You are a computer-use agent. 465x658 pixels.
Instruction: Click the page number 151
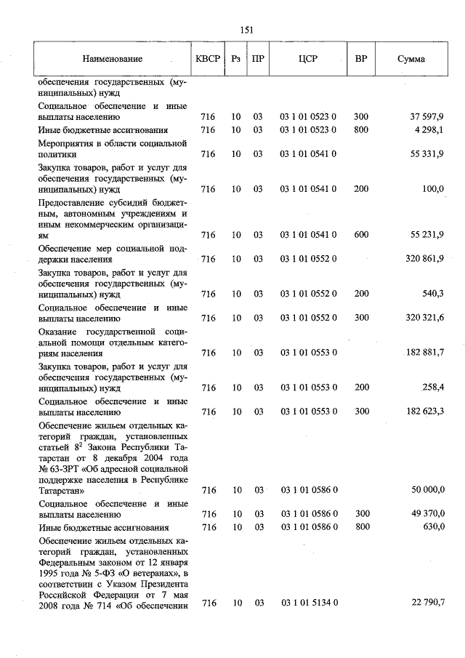click(x=246, y=30)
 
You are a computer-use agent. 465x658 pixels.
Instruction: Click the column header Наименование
click(x=112, y=60)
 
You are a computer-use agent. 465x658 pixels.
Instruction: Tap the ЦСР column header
click(x=307, y=60)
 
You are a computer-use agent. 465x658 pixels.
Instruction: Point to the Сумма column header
click(x=411, y=60)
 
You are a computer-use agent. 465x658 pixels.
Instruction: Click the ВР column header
click(x=360, y=60)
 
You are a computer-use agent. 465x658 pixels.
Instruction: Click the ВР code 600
click(x=360, y=235)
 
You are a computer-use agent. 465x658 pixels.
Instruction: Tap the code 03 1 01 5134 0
click(x=307, y=603)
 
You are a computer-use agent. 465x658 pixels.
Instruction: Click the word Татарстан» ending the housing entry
click(x=62, y=492)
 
